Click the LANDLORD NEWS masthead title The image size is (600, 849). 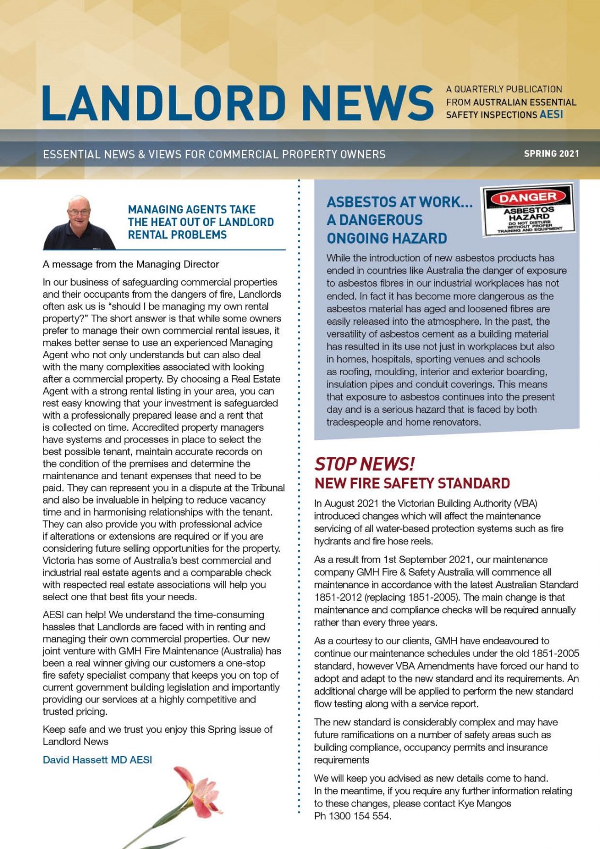(x=237, y=102)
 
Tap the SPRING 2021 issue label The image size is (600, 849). (x=551, y=154)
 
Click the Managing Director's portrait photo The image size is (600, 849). (x=80, y=223)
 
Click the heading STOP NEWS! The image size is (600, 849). (x=364, y=464)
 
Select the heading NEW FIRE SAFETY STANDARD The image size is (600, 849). (x=412, y=483)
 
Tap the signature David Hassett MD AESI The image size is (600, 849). (x=97, y=760)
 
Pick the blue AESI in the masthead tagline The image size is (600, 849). (x=551, y=115)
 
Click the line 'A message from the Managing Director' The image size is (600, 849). (x=131, y=264)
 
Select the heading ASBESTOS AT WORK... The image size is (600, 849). (x=399, y=202)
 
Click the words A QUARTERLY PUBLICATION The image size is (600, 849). (x=504, y=89)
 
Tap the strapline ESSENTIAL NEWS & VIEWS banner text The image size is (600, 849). (x=214, y=154)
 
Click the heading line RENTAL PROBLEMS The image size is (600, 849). (x=177, y=235)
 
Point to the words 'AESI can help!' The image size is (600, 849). (x=74, y=614)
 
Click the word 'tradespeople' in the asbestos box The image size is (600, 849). (x=354, y=422)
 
